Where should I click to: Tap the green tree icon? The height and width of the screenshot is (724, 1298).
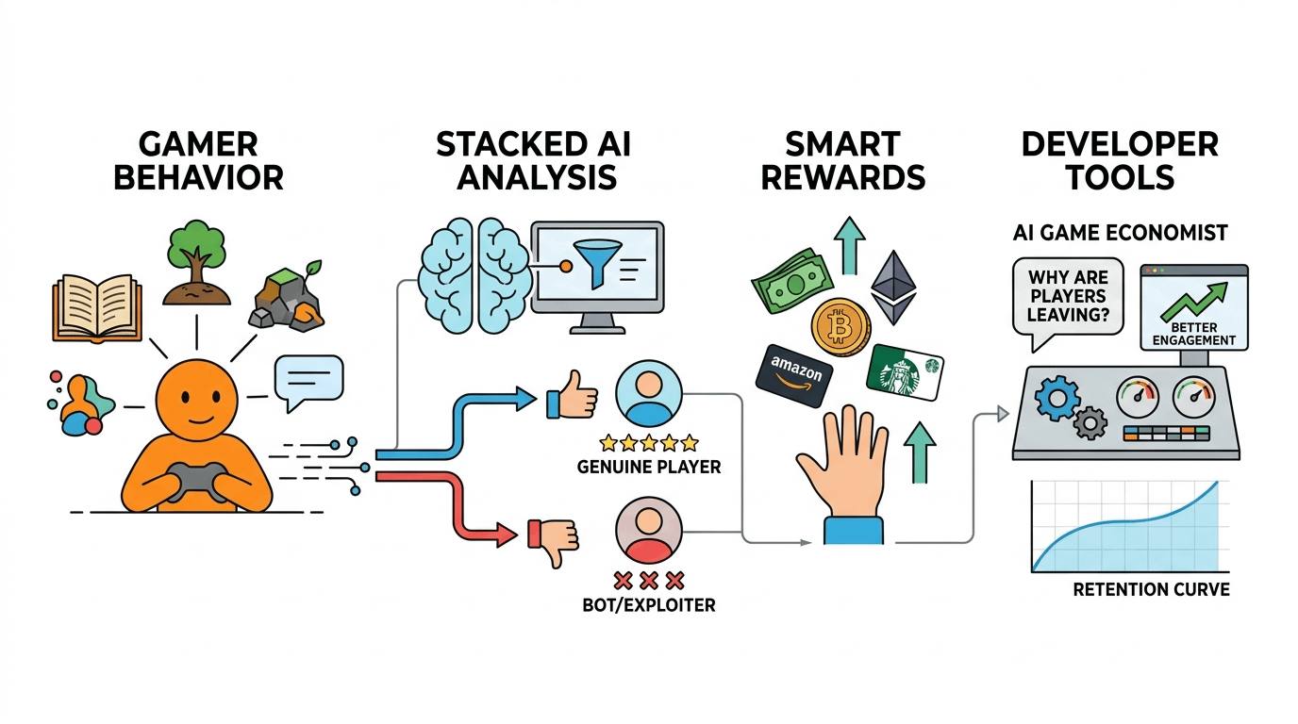point(197,267)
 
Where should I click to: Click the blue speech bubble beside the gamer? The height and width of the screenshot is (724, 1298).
point(308,381)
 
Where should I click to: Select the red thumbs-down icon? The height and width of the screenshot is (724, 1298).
point(553,539)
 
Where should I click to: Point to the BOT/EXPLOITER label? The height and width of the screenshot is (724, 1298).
point(649,604)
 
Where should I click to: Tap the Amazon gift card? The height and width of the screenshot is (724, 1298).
point(795,374)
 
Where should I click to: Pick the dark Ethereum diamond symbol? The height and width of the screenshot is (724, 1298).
point(892,287)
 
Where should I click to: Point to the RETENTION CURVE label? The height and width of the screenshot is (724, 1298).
point(1151,590)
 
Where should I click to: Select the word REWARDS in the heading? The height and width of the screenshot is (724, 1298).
point(843,176)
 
